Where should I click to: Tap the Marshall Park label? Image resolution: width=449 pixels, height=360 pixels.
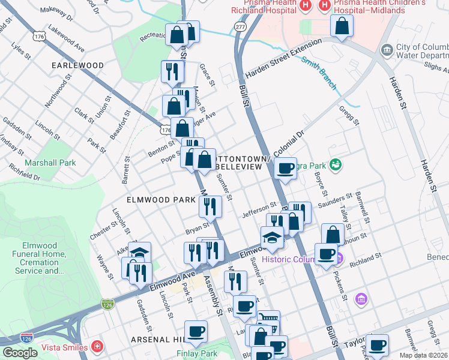pyautogui.click(x=50, y=162)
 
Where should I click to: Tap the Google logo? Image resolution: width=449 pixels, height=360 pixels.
pyautogui.click(x=20, y=353)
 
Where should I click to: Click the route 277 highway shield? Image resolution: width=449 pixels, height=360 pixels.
pyautogui.click(x=241, y=28)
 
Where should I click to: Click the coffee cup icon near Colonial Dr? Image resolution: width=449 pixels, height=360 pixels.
pyautogui.click(x=286, y=167)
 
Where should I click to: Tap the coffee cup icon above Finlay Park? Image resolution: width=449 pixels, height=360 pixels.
pyautogui.click(x=196, y=331)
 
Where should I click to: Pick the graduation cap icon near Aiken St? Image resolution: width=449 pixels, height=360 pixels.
pyautogui.click(x=140, y=252)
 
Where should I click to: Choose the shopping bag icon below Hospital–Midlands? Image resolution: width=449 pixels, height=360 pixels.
pyautogui.click(x=342, y=26)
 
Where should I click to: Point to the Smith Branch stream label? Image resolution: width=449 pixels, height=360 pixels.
pyautogui.click(x=319, y=73)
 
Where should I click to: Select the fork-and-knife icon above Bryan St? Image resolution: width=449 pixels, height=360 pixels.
pyautogui.click(x=211, y=206)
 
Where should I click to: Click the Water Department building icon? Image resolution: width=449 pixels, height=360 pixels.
pyautogui.click(x=386, y=49)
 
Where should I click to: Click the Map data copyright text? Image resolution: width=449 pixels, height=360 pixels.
pyautogui.click(x=423, y=355)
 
